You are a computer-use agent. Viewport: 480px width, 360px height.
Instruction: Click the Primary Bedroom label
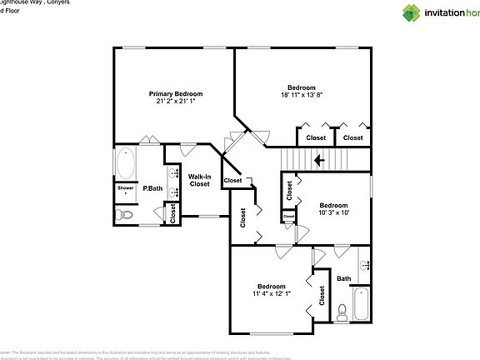pos(175,94)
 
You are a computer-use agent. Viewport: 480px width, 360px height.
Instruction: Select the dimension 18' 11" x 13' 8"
pos(301,96)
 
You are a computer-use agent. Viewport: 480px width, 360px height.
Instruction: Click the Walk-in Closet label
pos(199,180)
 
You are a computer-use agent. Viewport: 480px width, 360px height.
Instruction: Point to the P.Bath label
pos(152,188)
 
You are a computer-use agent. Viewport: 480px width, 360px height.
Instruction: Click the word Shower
pos(125,188)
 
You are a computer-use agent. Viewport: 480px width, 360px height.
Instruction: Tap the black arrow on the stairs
pos(318,158)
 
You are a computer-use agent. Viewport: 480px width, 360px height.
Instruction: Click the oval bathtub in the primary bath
pos(126,163)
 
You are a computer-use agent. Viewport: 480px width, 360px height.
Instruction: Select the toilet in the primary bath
pos(125,215)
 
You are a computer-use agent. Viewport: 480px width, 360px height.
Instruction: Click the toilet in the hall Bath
pos(342,312)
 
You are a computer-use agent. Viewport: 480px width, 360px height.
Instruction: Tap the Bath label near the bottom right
pos(344,278)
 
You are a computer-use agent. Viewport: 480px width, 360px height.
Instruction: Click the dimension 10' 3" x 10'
pos(333,212)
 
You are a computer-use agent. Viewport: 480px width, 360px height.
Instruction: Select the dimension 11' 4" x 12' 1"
pos(272,293)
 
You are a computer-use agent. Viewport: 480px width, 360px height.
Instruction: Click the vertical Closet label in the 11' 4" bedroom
pos(322,294)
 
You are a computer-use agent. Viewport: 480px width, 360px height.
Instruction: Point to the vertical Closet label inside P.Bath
pos(172,214)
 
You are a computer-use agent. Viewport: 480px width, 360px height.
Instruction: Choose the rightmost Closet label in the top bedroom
pos(353,137)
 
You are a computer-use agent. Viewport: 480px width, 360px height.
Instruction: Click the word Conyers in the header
pos(55,3)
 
